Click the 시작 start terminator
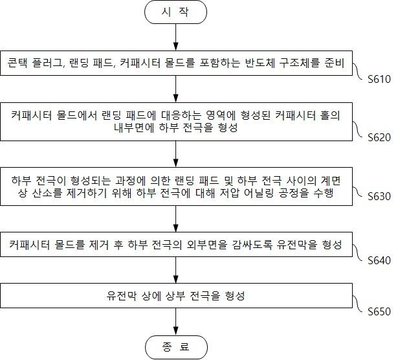click(x=175, y=12)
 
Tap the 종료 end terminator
click(x=176, y=347)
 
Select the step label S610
click(x=379, y=79)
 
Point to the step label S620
click(x=379, y=137)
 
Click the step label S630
click(x=379, y=196)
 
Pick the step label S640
click(x=379, y=260)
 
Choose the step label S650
click(x=379, y=311)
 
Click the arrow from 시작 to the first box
click(x=175, y=38)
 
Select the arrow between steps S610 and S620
click(x=175, y=89)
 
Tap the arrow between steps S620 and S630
click(x=175, y=154)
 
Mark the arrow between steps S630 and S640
click(x=175, y=219)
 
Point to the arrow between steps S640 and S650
click(x=175, y=270)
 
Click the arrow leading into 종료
click(x=175, y=322)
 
